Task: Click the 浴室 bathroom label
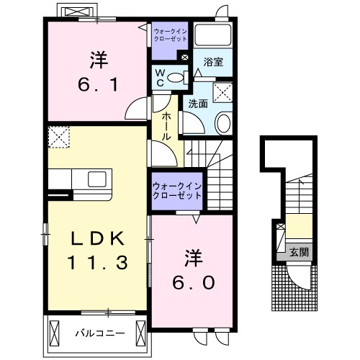click(213, 62)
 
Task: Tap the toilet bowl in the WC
click(175, 77)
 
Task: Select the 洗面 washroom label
click(198, 104)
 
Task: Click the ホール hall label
click(166, 126)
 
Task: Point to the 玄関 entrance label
click(299, 252)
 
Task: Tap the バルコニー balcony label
click(100, 333)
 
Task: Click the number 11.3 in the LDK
click(97, 262)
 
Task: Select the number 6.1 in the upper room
click(98, 84)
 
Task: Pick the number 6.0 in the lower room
click(193, 282)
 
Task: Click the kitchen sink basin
click(97, 179)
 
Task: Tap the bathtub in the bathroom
click(212, 35)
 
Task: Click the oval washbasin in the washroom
click(224, 123)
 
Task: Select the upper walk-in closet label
click(170, 35)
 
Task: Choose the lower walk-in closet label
click(177, 191)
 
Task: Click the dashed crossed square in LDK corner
click(59, 137)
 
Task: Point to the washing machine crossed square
click(222, 92)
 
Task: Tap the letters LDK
click(98, 238)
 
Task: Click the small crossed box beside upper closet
click(185, 58)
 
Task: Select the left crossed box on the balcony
click(54, 333)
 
